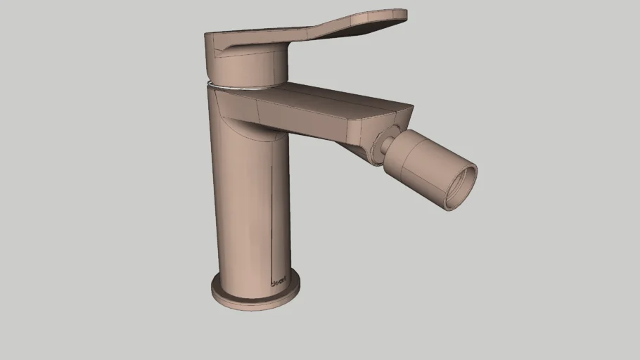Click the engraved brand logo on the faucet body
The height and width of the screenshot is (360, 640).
point(278,283)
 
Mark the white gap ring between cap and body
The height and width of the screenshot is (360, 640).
point(243,87)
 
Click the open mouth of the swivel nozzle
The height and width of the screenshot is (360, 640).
point(461,184)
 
